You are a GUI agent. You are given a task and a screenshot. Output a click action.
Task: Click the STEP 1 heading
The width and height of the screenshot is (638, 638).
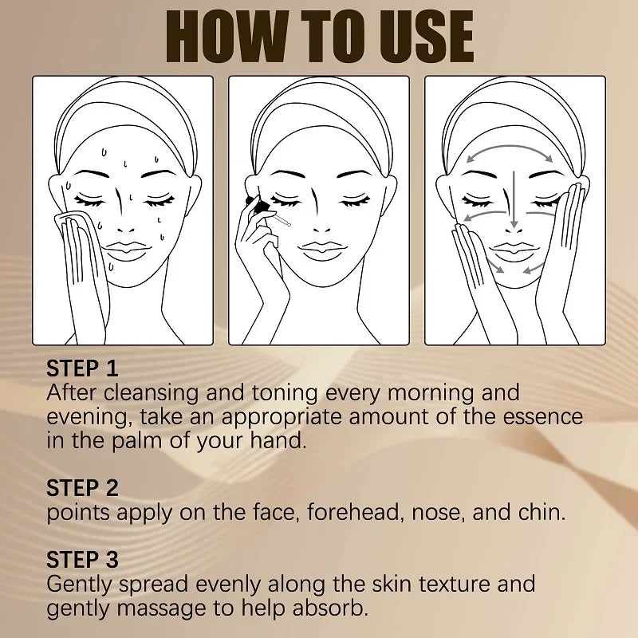(x=82, y=368)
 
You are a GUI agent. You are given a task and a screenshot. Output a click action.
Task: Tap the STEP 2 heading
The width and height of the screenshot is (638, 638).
(x=82, y=488)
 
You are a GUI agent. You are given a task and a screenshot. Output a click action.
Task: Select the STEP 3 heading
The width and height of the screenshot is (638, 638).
(x=82, y=560)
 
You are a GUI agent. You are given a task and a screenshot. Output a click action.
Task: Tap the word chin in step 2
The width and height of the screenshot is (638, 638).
(x=538, y=512)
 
